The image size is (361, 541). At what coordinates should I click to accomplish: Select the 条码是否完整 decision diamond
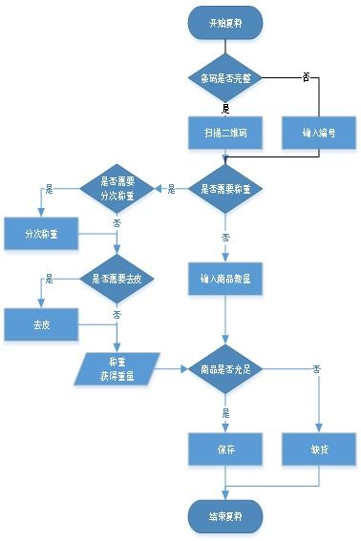pos(225,78)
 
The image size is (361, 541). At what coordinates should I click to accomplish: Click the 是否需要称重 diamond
pos(225,189)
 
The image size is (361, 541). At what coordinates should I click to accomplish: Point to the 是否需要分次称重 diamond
pos(117,189)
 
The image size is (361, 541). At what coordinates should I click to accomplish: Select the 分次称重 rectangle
pos(39,233)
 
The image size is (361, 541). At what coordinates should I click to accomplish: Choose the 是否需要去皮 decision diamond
pos(117,279)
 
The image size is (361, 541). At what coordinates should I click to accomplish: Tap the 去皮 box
pos(39,323)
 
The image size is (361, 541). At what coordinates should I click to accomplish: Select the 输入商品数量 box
pos(225,279)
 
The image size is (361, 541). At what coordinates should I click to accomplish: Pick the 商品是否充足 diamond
pos(225,369)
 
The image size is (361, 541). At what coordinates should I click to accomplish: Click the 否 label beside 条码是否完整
pos(305,75)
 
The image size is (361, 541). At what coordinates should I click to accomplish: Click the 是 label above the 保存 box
pos(226,414)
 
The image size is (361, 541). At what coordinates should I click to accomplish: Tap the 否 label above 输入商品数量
pos(226,237)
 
